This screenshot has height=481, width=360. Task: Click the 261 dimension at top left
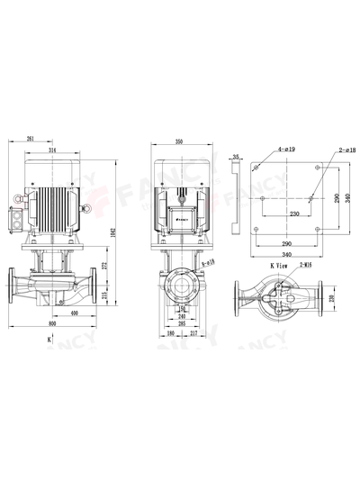click(x=31, y=140)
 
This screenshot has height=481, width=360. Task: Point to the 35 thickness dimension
click(x=236, y=158)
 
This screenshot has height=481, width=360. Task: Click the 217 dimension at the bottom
click(x=195, y=334)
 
